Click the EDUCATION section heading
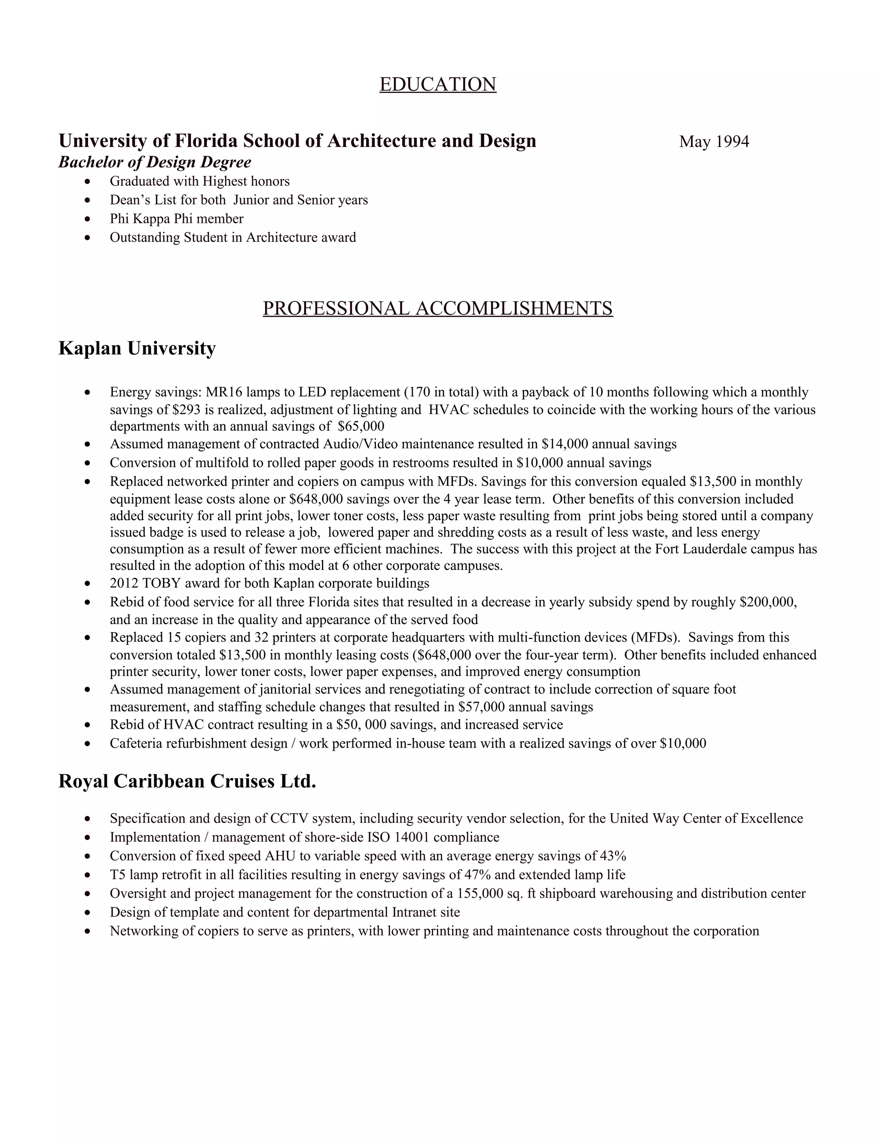point(437,85)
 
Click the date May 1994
point(714,142)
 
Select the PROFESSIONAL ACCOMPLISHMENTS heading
point(437,308)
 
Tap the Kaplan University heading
point(137,348)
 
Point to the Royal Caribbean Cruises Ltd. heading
point(187,781)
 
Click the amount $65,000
point(361,426)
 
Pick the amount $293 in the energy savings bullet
point(186,410)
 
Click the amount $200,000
point(768,602)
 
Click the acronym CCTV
point(288,819)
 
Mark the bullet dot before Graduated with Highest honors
point(87,182)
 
